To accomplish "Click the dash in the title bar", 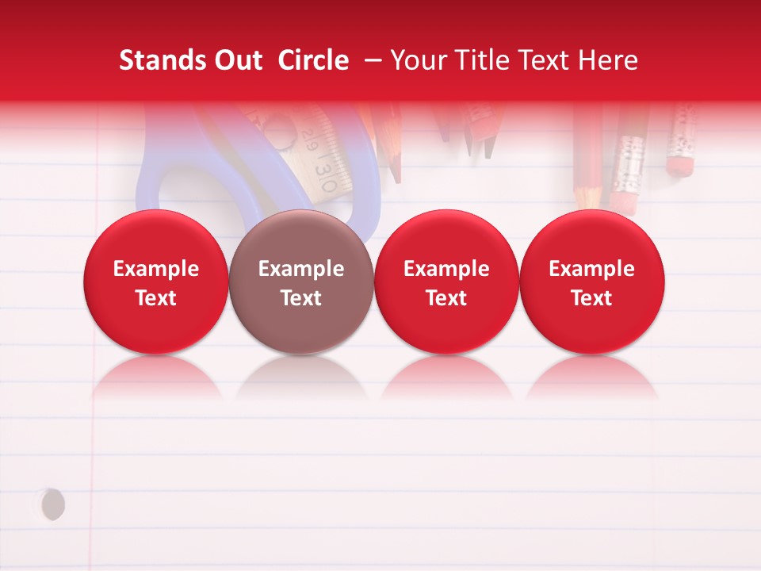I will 369,60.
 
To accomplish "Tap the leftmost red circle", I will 156,282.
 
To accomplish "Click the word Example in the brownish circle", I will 301,269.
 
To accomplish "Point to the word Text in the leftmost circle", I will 156,298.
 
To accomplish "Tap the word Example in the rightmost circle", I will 591,269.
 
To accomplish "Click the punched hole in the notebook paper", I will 52,504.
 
